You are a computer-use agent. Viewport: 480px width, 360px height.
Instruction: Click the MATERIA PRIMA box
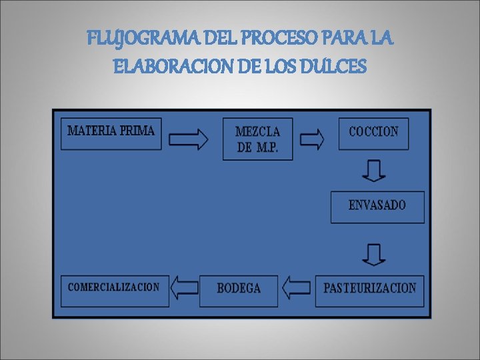111,133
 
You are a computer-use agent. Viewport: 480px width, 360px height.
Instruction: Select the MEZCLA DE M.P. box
257,139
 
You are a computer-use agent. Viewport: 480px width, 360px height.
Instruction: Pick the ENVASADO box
377,206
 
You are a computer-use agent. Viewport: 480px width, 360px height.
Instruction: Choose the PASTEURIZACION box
369,289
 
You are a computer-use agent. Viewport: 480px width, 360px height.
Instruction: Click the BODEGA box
239,289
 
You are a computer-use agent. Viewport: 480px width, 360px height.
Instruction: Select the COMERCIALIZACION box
114,289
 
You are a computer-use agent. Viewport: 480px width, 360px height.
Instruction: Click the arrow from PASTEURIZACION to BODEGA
297,288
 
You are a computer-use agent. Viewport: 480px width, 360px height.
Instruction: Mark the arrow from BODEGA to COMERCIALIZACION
185,288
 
